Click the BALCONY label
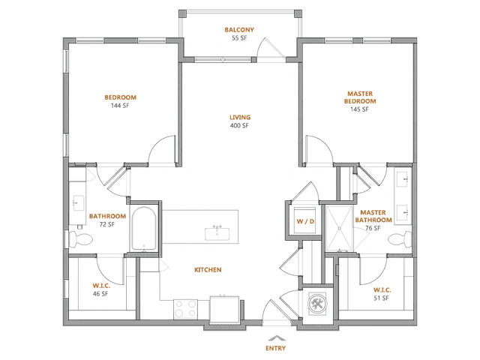pyautogui.click(x=239, y=30)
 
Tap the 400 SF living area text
pyautogui.click(x=239, y=125)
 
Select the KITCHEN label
pyautogui.click(x=208, y=270)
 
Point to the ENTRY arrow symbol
pyautogui.click(x=277, y=338)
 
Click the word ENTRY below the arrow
pyautogui.click(x=275, y=348)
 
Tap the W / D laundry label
pyautogui.click(x=305, y=221)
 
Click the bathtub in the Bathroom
pyautogui.click(x=144, y=229)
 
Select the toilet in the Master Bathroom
pyautogui.click(x=400, y=238)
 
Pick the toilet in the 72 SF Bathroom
pyautogui.click(x=80, y=238)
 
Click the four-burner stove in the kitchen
pyautogui.click(x=185, y=308)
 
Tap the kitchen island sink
pyautogui.click(x=217, y=233)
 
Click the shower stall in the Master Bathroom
pyautogui.click(x=340, y=228)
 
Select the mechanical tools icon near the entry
pyautogui.click(x=317, y=304)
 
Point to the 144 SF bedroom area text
pyautogui.click(x=120, y=106)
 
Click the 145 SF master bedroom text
pyautogui.click(x=360, y=109)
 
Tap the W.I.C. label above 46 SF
pyautogui.click(x=101, y=286)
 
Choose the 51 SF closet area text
pyautogui.click(x=382, y=298)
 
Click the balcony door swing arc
pyautogui.click(x=259, y=46)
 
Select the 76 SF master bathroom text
pyautogui.click(x=373, y=228)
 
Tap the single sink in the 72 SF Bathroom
pyautogui.click(x=78, y=203)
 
